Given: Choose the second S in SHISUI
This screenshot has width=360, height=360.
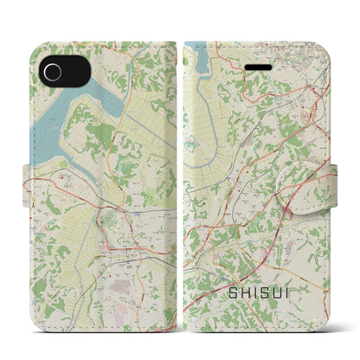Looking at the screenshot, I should tap(273, 295).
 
